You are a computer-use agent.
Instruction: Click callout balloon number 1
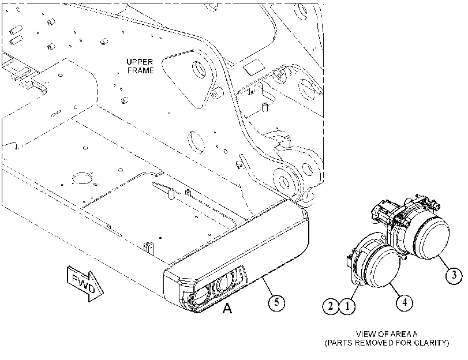click(347, 306)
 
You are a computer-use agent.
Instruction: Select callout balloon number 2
click(331, 306)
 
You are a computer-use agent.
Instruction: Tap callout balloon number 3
click(454, 275)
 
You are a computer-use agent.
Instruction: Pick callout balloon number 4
click(405, 302)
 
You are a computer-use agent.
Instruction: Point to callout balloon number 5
click(276, 302)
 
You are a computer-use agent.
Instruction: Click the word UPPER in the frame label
click(140, 62)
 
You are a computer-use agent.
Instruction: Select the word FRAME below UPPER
click(141, 70)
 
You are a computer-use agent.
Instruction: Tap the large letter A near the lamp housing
click(227, 308)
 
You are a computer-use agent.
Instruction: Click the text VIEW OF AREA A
click(387, 334)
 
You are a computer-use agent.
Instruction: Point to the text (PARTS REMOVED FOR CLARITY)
click(387, 343)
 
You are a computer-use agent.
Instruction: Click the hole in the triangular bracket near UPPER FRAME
click(199, 70)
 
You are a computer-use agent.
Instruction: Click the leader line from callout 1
click(354, 290)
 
